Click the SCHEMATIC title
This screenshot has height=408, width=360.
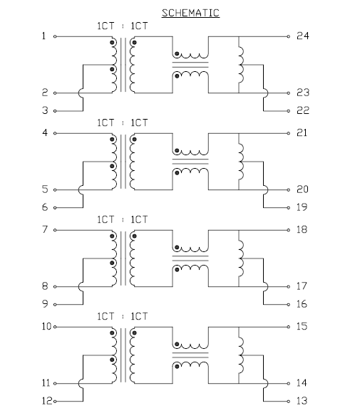pos(190,13)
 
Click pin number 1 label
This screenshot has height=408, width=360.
pos(43,36)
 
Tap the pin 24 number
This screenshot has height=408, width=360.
pos(303,36)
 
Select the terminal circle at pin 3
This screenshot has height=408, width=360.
pos(55,111)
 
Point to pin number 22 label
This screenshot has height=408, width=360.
pos(303,110)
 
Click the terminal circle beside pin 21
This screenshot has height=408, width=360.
pos(289,133)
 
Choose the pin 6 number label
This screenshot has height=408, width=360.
pos(45,207)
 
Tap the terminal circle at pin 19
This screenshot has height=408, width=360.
pos(289,208)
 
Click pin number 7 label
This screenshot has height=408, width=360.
pos(45,229)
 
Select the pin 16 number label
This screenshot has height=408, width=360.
pos(302,304)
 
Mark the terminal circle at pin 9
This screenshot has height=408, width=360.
pos(55,305)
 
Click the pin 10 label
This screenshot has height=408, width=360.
pos(46,326)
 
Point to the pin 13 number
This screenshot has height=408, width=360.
pos(302,401)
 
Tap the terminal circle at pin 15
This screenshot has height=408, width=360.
pos(289,327)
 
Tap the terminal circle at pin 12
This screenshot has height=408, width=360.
pos(55,401)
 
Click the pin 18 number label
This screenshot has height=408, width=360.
pos(302,229)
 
